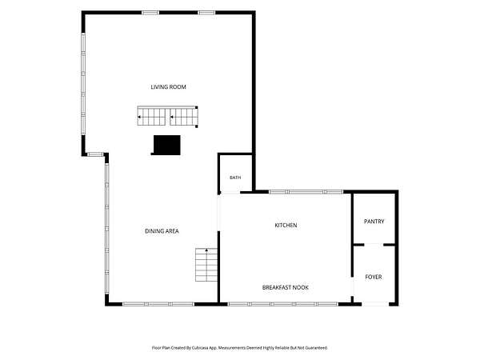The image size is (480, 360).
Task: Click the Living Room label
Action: pos(168,87)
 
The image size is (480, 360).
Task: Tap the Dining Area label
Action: pos(162,231)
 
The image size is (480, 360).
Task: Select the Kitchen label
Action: pos(286,226)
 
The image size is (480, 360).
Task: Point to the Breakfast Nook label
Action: pos(286,287)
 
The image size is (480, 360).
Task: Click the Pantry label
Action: pos(374,222)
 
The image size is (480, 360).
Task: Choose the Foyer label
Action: pos(374,277)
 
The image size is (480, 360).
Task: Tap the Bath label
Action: pos(235,178)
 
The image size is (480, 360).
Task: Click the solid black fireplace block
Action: pos(167,145)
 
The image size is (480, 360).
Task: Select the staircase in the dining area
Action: pos(206,265)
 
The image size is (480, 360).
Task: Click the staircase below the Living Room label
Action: pos(167,116)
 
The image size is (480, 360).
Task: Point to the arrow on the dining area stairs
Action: pos(206,250)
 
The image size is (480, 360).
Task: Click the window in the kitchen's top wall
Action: pos(306,192)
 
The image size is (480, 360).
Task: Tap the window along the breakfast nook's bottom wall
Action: pos(283,304)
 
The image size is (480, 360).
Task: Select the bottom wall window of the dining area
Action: pos(158,304)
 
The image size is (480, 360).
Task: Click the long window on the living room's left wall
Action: pos(83,83)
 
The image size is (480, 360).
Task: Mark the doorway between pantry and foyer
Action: pos(374,245)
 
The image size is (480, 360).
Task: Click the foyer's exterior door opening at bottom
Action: pos(375,304)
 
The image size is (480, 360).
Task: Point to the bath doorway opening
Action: pos(230,193)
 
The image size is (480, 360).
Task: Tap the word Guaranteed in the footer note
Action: pos(318,348)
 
